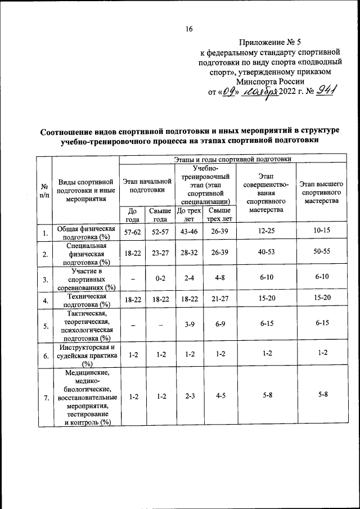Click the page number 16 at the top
[190, 30]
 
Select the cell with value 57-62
[133, 232]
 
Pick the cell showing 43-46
[188, 232]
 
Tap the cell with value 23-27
[160, 253]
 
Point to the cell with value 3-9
[188, 325]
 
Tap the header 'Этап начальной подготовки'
[147, 186]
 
